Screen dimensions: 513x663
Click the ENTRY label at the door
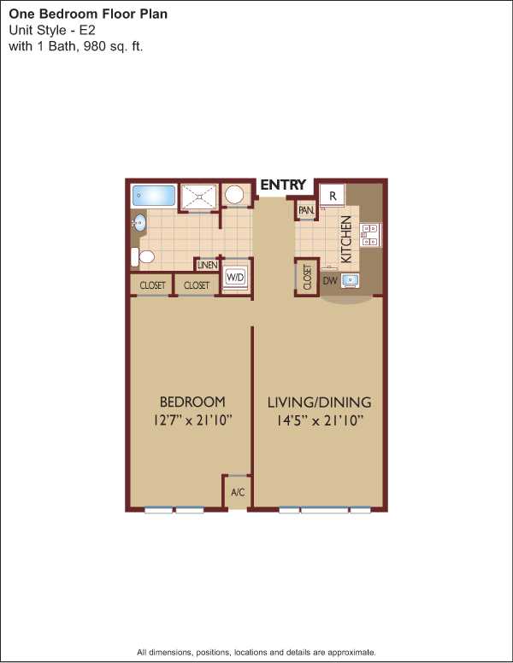(x=283, y=185)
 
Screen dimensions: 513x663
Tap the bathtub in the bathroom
(x=154, y=196)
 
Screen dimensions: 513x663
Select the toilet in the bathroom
(x=142, y=256)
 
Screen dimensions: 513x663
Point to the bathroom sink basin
(x=139, y=222)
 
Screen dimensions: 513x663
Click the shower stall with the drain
(x=198, y=197)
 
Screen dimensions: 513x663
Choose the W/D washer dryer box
(x=235, y=278)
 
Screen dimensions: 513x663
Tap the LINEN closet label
(x=208, y=265)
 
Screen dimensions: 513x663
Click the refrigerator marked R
(x=333, y=196)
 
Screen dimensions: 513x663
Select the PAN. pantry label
(x=306, y=210)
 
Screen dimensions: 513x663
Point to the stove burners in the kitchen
(x=370, y=235)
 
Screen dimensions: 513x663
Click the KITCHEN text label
(x=346, y=239)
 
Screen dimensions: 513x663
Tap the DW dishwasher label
(x=330, y=280)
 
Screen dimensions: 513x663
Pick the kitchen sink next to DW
(x=351, y=280)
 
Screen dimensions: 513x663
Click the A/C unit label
(x=238, y=492)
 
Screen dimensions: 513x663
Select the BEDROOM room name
(x=192, y=402)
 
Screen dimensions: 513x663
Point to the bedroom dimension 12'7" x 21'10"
(x=193, y=420)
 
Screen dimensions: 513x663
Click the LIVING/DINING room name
(x=320, y=402)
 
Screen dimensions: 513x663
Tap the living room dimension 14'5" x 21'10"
(x=321, y=420)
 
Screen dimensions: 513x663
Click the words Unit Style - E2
(x=52, y=31)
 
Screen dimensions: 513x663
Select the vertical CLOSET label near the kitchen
(x=307, y=277)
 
